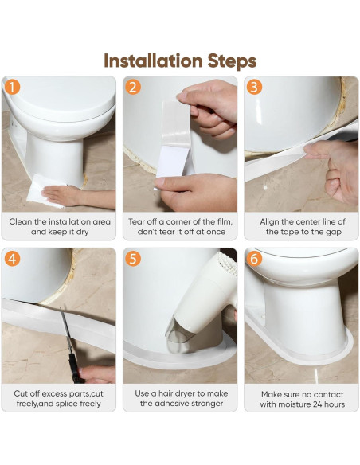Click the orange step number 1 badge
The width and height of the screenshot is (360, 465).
pos(12,88)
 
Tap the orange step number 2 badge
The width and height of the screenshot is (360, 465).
pos(132,88)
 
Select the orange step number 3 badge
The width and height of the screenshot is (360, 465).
pos(254,87)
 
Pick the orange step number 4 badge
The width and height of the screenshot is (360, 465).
pos(12,259)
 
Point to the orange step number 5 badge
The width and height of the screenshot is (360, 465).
pos(132,259)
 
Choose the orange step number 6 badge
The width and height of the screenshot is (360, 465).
pos(254,259)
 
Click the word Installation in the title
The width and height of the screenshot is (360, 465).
pos(153,61)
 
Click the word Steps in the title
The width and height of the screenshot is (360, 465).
pos(232,61)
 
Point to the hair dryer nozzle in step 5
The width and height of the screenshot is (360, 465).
pos(178,338)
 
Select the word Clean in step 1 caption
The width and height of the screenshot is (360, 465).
pos(21,221)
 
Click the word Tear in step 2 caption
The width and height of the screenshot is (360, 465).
pos(135,221)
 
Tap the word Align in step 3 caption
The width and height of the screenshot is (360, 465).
pos(269,222)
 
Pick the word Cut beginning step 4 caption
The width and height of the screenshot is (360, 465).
pos(21,393)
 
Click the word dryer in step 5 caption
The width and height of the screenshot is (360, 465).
pos(186,394)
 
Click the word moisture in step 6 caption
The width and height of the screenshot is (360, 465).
pos(292,404)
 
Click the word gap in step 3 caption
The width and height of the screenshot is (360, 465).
pos(334,232)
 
